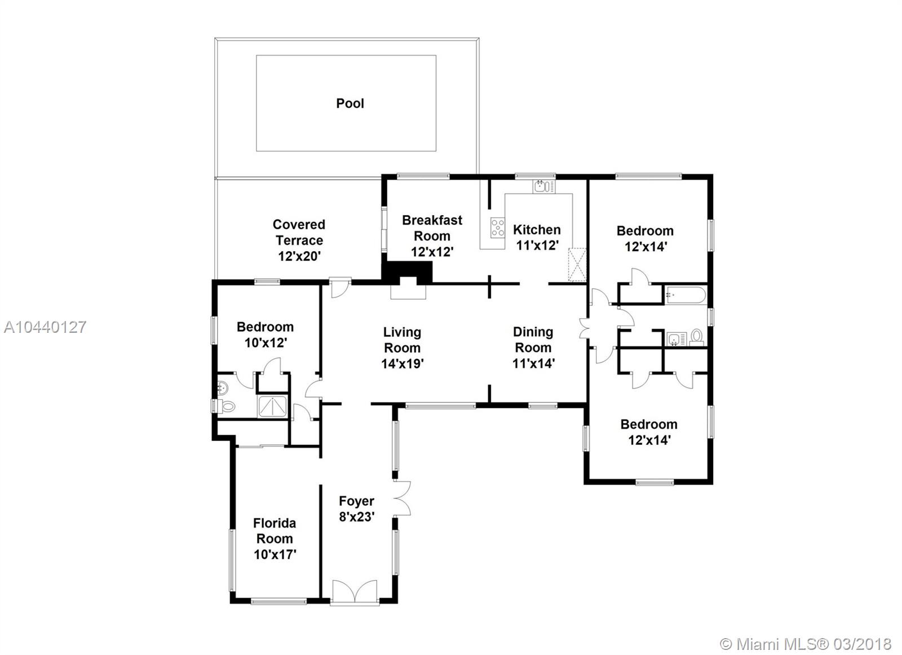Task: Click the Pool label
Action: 350,104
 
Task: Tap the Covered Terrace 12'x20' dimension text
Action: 299,256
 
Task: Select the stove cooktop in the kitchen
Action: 498,228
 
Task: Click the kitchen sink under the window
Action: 544,186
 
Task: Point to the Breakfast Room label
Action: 432,228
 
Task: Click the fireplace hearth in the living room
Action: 408,292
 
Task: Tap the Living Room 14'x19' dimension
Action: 403,364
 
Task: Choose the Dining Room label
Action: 533,340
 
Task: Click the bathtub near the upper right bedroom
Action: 686,295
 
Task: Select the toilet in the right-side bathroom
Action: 697,337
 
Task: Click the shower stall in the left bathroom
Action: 273,407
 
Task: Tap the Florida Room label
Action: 275,531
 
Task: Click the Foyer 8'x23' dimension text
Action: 357,516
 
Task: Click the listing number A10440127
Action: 45,327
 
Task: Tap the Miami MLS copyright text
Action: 806,644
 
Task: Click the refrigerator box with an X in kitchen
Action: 577,265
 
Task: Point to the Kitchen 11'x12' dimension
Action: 537,245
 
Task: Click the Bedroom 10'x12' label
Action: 265,327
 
